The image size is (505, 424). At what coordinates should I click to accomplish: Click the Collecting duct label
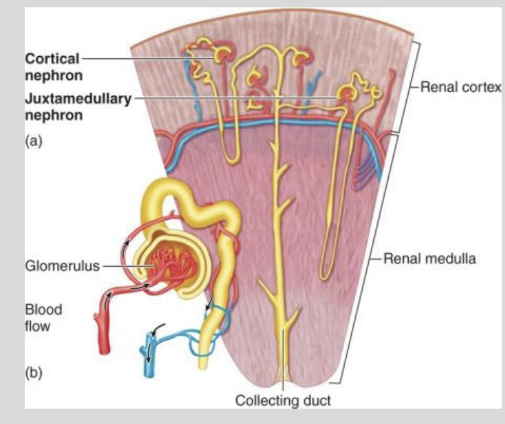[x=283, y=401]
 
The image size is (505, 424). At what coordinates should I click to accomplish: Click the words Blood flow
[x=43, y=318]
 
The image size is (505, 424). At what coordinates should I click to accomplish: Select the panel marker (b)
[x=34, y=372]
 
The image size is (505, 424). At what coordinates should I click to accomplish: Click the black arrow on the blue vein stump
[x=156, y=330]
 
